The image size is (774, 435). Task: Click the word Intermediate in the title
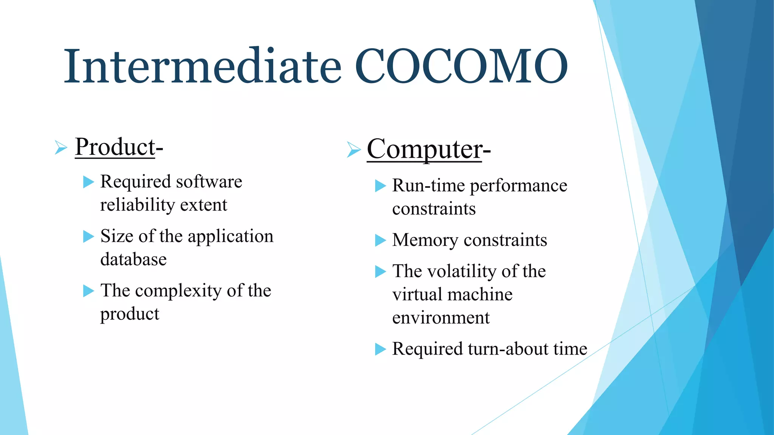[203, 66]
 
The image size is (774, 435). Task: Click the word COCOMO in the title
[461, 66]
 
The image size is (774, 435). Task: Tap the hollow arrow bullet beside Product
[60, 147]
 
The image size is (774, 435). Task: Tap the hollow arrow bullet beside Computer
[353, 150]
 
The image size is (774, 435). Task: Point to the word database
[133, 259]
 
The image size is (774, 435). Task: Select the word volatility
[462, 271]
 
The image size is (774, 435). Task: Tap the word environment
[441, 318]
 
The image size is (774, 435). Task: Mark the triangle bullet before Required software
[88, 182]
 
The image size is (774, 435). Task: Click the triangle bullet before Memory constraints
[380, 240]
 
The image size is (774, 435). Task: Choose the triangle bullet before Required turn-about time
[380, 349]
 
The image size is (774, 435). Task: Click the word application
[230, 236]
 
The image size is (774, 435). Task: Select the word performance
[518, 186]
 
